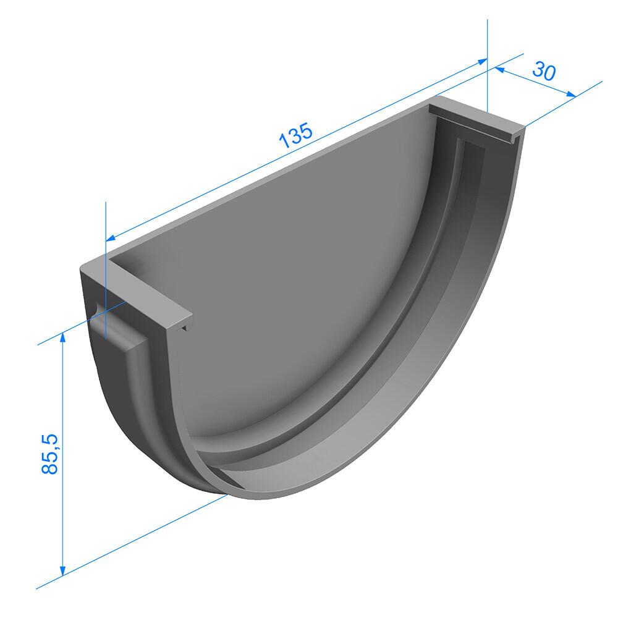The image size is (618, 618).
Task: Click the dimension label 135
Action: (295, 135)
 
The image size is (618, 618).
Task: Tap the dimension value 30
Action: (544, 71)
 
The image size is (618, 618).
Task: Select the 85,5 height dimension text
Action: (49, 454)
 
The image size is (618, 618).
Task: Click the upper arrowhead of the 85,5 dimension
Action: (62, 338)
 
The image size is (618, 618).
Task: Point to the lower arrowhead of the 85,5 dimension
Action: (62, 570)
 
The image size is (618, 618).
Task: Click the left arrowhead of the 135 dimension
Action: (111, 237)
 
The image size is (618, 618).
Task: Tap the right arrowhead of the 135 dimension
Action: (483, 61)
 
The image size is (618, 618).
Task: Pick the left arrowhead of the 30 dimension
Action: (499, 70)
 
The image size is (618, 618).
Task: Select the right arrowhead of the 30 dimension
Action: (570, 94)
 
